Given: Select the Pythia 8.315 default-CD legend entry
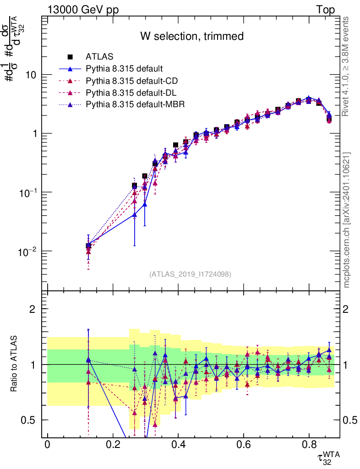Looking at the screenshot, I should click(x=131, y=81).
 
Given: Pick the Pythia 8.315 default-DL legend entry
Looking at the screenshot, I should click(x=131, y=93).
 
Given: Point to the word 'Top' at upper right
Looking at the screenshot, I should click(x=325, y=10).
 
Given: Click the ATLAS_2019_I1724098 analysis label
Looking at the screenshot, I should click(x=190, y=274).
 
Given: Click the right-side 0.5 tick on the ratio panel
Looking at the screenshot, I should click(x=350, y=420).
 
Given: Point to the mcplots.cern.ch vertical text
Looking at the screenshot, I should click(x=347, y=220).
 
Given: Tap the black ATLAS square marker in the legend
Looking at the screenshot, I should click(x=70, y=57).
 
